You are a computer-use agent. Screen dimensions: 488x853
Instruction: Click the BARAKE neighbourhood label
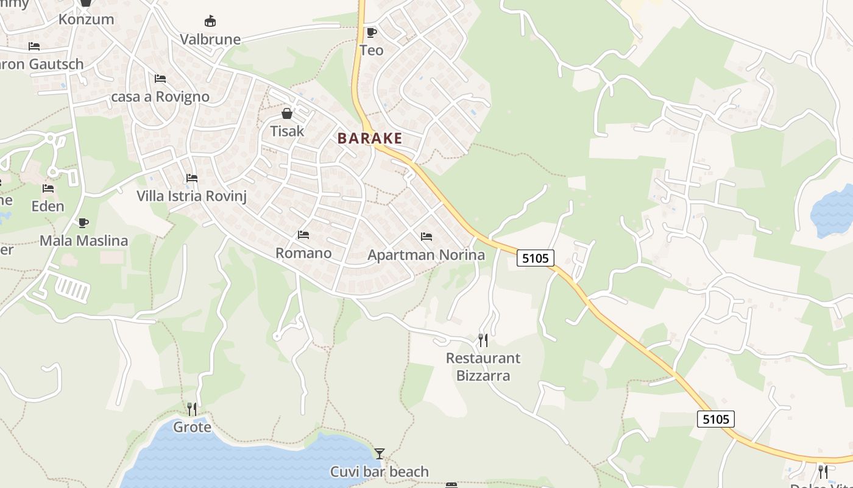(370, 138)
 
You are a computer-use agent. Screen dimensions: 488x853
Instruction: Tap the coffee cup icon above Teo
(371, 32)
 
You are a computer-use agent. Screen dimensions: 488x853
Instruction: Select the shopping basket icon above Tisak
(287, 113)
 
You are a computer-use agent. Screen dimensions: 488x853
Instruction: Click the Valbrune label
(210, 40)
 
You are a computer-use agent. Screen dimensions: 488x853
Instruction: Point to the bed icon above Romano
(303, 235)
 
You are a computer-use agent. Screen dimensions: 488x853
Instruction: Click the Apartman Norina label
(426, 255)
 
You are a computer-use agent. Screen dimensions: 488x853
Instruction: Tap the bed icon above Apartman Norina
(426, 237)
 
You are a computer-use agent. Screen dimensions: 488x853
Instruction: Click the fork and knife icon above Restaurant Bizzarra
(483, 340)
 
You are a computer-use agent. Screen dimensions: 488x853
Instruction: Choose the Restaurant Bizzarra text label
(483, 367)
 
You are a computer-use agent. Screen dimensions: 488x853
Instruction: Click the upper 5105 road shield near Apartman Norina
(536, 258)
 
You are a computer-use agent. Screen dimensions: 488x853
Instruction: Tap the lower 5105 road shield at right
(715, 419)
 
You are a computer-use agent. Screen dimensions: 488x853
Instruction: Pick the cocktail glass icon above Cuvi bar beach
(380, 453)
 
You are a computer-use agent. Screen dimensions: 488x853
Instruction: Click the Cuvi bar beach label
(379, 472)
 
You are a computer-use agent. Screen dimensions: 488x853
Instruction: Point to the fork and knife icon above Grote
(192, 409)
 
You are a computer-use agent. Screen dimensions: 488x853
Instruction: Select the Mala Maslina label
(83, 241)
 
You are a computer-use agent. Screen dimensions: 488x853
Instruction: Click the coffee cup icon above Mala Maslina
(83, 223)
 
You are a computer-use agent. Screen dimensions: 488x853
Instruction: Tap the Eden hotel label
(48, 206)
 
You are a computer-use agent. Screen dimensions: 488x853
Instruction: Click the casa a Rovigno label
(160, 97)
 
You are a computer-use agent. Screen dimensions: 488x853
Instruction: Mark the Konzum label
(86, 19)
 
